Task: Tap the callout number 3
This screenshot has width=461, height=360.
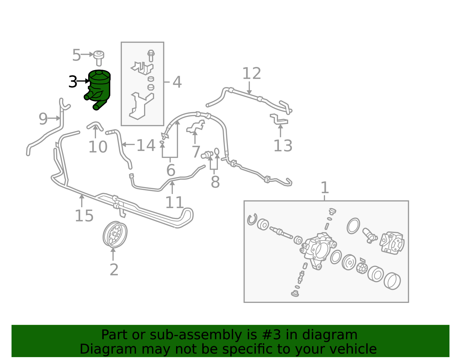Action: click(x=73, y=82)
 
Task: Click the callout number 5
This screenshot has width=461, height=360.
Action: click(x=76, y=55)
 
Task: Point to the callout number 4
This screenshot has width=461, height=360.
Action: click(x=177, y=82)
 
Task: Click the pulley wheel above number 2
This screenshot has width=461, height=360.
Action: click(x=115, y=234)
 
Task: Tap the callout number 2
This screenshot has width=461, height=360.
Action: click(x=114, y=269)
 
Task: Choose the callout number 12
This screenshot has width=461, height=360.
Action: click(x=252, y=73)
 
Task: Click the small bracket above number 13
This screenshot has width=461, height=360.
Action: click(x=279, y=119)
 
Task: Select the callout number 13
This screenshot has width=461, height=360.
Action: click(x=283, y=146)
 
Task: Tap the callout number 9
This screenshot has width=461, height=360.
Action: click(x=43, y=119)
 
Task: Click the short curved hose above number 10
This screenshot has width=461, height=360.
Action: click(x=95, y=126)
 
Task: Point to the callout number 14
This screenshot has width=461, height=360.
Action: click(x=146, y=145)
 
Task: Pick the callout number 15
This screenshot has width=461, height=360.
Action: click(x=84, y=216)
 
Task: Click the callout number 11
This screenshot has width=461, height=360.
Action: click(x=174, y=202)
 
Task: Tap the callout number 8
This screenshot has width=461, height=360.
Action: click(x=215, y=182)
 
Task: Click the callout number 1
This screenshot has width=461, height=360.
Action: click(x=325, y=187)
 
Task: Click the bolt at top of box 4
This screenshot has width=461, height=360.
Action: click(x=151, y=56)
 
